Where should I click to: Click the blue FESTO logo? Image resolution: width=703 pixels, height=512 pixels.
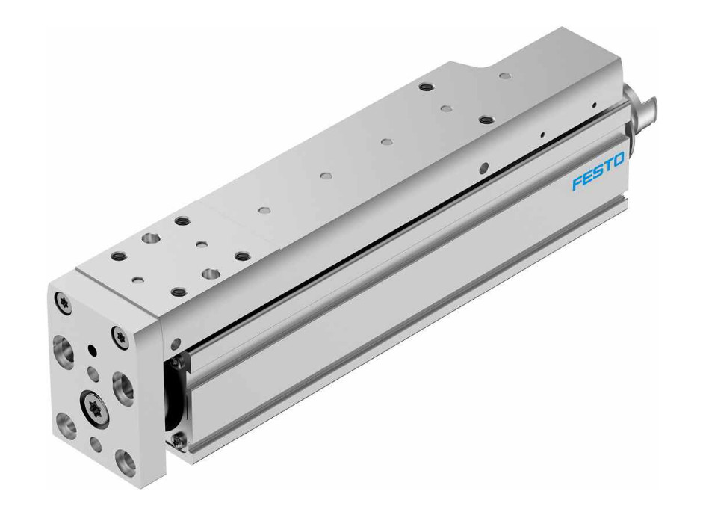click(598, 171)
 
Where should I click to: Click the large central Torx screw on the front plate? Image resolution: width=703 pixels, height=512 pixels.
click(95, 405)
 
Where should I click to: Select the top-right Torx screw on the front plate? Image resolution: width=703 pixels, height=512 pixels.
click(120, 334)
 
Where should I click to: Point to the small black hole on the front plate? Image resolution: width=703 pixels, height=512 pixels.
click(93, 349)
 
